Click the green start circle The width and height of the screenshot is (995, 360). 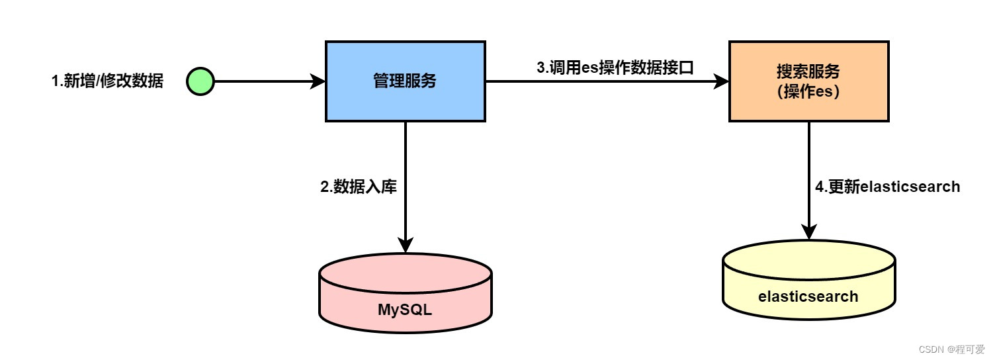[200, 82]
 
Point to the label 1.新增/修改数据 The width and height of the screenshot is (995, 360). [107, 82]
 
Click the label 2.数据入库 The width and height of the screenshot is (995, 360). [359, 187]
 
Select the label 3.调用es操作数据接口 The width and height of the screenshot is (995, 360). [615, 67]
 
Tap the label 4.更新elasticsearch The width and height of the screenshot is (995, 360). [887, 187]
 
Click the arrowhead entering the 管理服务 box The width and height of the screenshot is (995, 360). [319, 82]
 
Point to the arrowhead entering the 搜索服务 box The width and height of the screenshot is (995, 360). [722, 82]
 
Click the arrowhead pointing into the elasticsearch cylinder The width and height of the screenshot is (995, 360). [808, 233]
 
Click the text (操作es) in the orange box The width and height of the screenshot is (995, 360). [808, 92]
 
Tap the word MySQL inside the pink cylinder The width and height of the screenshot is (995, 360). [405, 309]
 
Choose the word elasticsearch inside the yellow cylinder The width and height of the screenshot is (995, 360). [808, 296]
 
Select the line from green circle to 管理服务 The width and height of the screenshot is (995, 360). [265, 82]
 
